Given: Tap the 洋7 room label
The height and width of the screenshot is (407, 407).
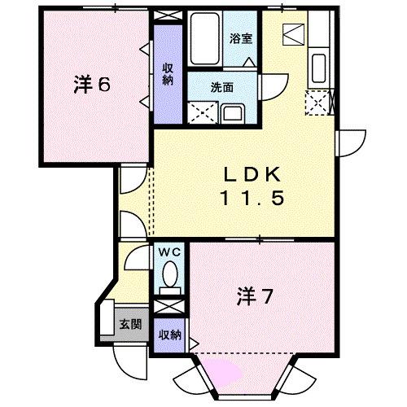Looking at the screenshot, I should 255,294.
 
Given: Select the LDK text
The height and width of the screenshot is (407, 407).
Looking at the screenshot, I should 253,174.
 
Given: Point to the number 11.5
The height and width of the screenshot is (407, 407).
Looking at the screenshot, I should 253,198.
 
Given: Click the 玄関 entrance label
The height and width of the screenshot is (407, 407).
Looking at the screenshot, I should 130,324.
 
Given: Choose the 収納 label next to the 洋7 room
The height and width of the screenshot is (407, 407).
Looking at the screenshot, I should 169,335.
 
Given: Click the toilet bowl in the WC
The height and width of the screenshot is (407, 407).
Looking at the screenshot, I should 170,282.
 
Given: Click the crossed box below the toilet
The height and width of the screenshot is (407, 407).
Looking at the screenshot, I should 170,307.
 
